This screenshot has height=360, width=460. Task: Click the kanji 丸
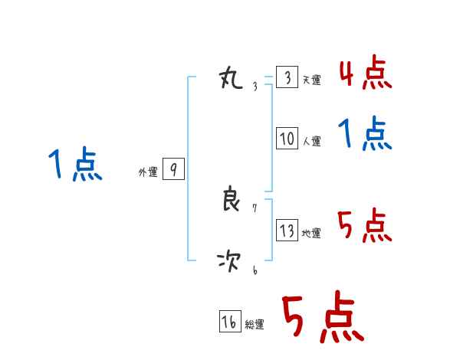tap(231, 78)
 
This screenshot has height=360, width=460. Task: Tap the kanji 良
tap(231, 200)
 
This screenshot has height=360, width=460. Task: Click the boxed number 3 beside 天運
tap(287, 78)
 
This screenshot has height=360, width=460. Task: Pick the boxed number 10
tap(287, 139)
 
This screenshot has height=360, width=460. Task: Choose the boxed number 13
tap(287, 231)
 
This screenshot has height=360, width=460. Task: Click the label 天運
tap(311, 80)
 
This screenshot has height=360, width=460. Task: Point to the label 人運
tap(311, 141)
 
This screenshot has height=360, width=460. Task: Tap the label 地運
tap(311, 233)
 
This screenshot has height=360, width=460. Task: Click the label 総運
tap(255, 325)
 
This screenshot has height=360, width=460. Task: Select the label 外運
tap(148, 172)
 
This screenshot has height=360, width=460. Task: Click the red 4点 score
tap(365, 74)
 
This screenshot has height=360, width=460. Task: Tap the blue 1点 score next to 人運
tap(365, 135)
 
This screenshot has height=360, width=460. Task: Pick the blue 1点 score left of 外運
tap(75, 165)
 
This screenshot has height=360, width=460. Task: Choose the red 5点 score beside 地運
tap(365, 227)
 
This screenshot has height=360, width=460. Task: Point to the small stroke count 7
tap(255, 208)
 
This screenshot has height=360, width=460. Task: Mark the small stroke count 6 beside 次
tap(255, 270)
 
